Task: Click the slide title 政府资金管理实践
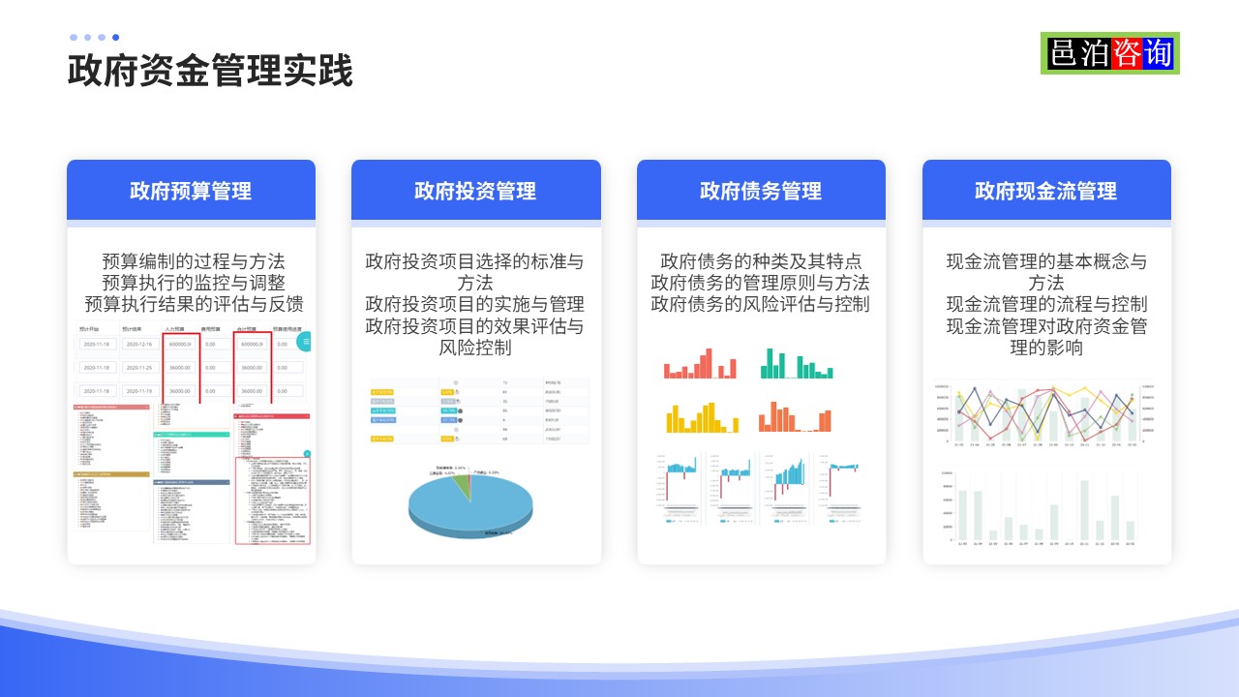210,72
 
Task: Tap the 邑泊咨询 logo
1110,53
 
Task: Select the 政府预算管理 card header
191,191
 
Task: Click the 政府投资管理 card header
475,191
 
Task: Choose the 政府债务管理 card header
761,191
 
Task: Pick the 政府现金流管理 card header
1045,191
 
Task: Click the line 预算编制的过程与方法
194,261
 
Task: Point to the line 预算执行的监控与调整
194,283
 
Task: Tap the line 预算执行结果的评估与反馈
194,304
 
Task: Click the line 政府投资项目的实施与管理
474,304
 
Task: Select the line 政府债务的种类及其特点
761,261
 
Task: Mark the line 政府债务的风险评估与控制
761,304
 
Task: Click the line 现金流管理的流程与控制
1046,304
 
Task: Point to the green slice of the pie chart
463,480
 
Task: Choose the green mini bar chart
797,364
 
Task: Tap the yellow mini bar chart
702,417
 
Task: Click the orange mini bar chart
795,417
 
